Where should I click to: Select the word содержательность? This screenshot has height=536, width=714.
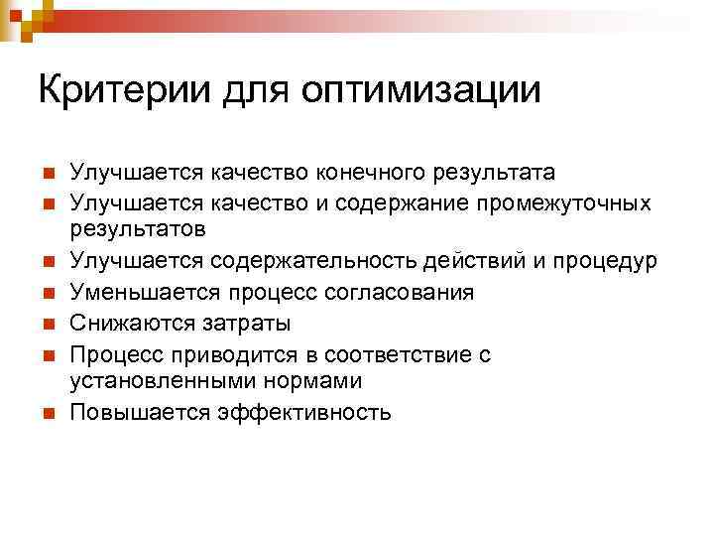(312, 262)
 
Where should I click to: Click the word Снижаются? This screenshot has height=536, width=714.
(129, 323)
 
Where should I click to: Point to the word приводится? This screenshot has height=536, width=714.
(219, 353)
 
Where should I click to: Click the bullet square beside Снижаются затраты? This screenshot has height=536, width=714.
(47, 324)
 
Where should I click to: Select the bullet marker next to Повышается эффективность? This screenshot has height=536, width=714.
(47, 413)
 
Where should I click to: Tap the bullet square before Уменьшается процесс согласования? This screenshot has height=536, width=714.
(47, 294)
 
